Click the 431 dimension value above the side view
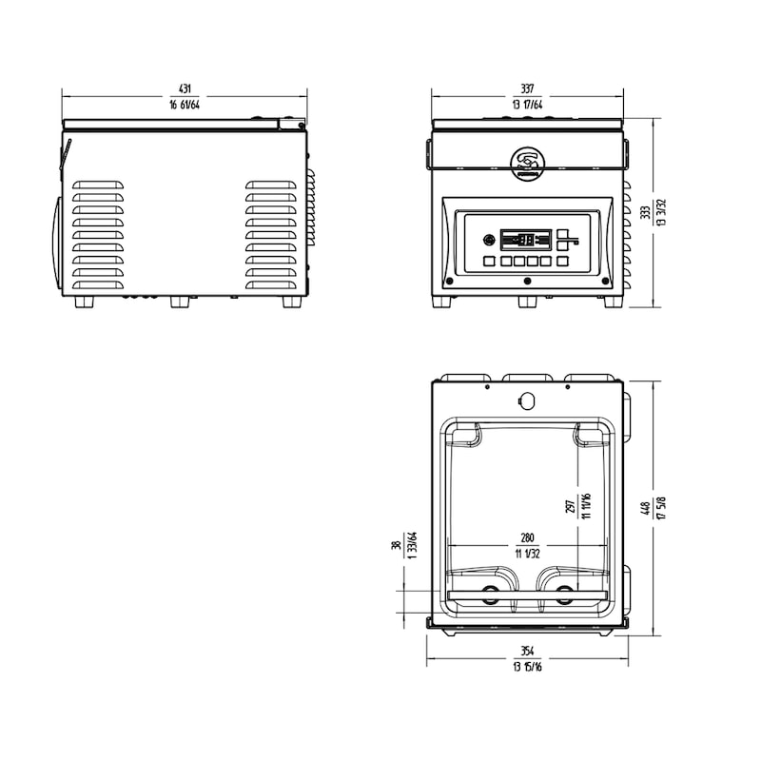pyautogui.click(x=185, y=89)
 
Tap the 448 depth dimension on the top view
pyautogui.click(x=646, y=508)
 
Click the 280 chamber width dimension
pyautogui.click(x=526, y=538)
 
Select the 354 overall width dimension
pyautogui.click(x=527, y=652)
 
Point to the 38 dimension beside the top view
pyautogui.click(x=397, y=546)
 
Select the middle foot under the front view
pyautogui.click(x=528, y=302)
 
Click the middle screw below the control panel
pyautogui.click(x=528, y=281)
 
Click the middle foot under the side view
pyautogui.click(x=181, y=302)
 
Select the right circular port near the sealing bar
pyautogui.click(x=565, y=596)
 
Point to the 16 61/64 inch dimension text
pyautogui.click(x=185, y=106)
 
